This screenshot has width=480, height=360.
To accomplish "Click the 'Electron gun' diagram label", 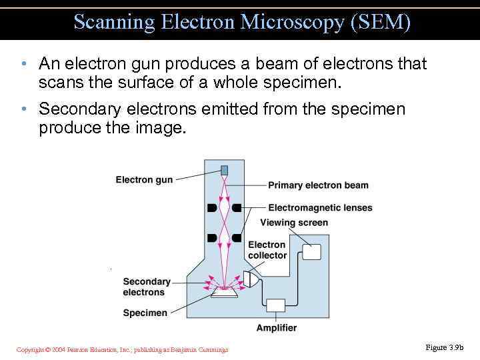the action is pos(144,179).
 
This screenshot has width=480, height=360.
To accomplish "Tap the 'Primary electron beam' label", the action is pos(318,185).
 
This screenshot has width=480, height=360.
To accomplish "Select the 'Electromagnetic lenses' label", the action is pos(320,207).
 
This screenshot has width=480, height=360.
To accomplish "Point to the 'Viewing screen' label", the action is pos(294,223).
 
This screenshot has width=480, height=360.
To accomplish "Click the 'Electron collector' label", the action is pos(267,250).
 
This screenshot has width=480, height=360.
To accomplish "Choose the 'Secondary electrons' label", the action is pos(147,287).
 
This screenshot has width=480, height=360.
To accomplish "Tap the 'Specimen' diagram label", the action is pos(145,313).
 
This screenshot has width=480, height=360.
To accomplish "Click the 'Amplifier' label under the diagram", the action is pos(277,327).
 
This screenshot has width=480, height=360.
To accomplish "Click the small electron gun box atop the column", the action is pos(225,170).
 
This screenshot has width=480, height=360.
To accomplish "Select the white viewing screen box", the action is pos(311,251).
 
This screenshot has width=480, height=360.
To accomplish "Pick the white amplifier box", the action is pos(275,305).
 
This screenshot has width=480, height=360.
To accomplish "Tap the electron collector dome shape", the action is pos(251,279).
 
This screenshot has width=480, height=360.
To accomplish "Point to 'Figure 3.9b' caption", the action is pos(444,347).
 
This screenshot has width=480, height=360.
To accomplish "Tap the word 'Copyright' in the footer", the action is pos(30,350).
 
